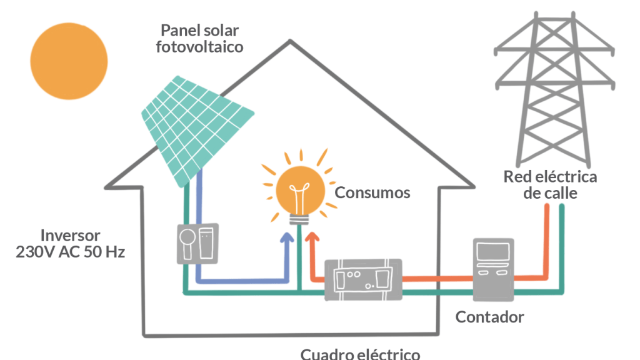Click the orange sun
point(69,61)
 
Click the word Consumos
point(372,192)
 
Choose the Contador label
point(489,317)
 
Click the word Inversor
point(70,236)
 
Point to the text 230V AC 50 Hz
point(70,252)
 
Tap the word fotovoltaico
point(199,47)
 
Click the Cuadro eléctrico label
point(360,354)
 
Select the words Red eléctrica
point(550,177)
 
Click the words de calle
point(550,193)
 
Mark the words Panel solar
point(199,30)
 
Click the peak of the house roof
point(290,42)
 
